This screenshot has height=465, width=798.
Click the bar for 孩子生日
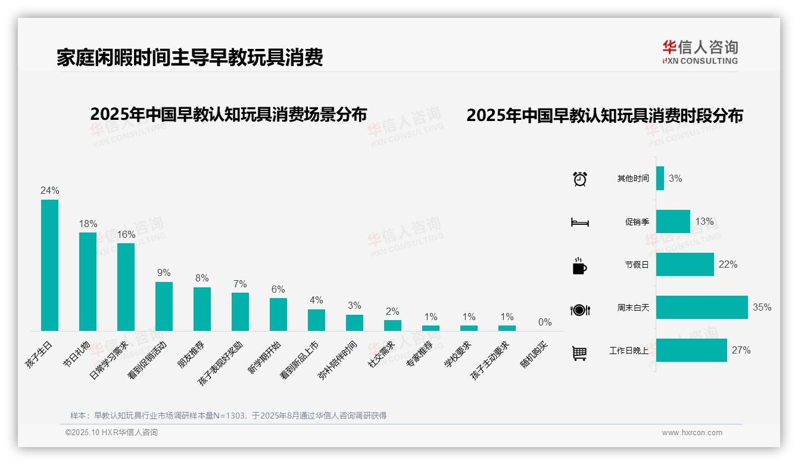pyautogui.click(x=49, y=265)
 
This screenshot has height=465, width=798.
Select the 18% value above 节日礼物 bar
pyautogui.click(x=88, y=224)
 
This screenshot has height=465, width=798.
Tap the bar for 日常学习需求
pyautogui.click(x=126, y=287)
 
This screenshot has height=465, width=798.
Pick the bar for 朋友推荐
pyautogui.click(x=202, y=309)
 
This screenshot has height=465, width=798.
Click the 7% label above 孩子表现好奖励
pyautogui.click(x=240, y=284)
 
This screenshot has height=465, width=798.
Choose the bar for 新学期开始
pyautogui.click(x=278, y=314)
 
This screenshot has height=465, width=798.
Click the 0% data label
pyautogui.click(x=545, y=322)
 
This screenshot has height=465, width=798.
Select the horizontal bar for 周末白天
pyautogui.click(x=702, y=308)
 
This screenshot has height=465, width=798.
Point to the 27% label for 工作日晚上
pyautogui.click(x=741, y=350)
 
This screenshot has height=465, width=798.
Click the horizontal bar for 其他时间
pyautogui.click(x=660, y=178)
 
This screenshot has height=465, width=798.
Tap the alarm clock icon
pyautogui.click(x=580, y=179)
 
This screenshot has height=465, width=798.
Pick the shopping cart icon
pyautogui.click(x=579, y=353)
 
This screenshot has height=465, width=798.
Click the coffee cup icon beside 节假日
pyautogui.click(x=579, y=266)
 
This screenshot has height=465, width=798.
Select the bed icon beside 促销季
pyautogui.click(x=579, y=222)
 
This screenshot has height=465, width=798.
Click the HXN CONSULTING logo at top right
pyautogui.click(x=700, y=52)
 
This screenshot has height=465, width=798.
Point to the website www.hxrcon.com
pyautogui.click(x=692, y=433)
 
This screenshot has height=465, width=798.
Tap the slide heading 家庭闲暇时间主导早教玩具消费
pyautogui.click(x=190, y=58)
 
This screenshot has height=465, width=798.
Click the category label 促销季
pyautogui.click(x=637, y=222)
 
